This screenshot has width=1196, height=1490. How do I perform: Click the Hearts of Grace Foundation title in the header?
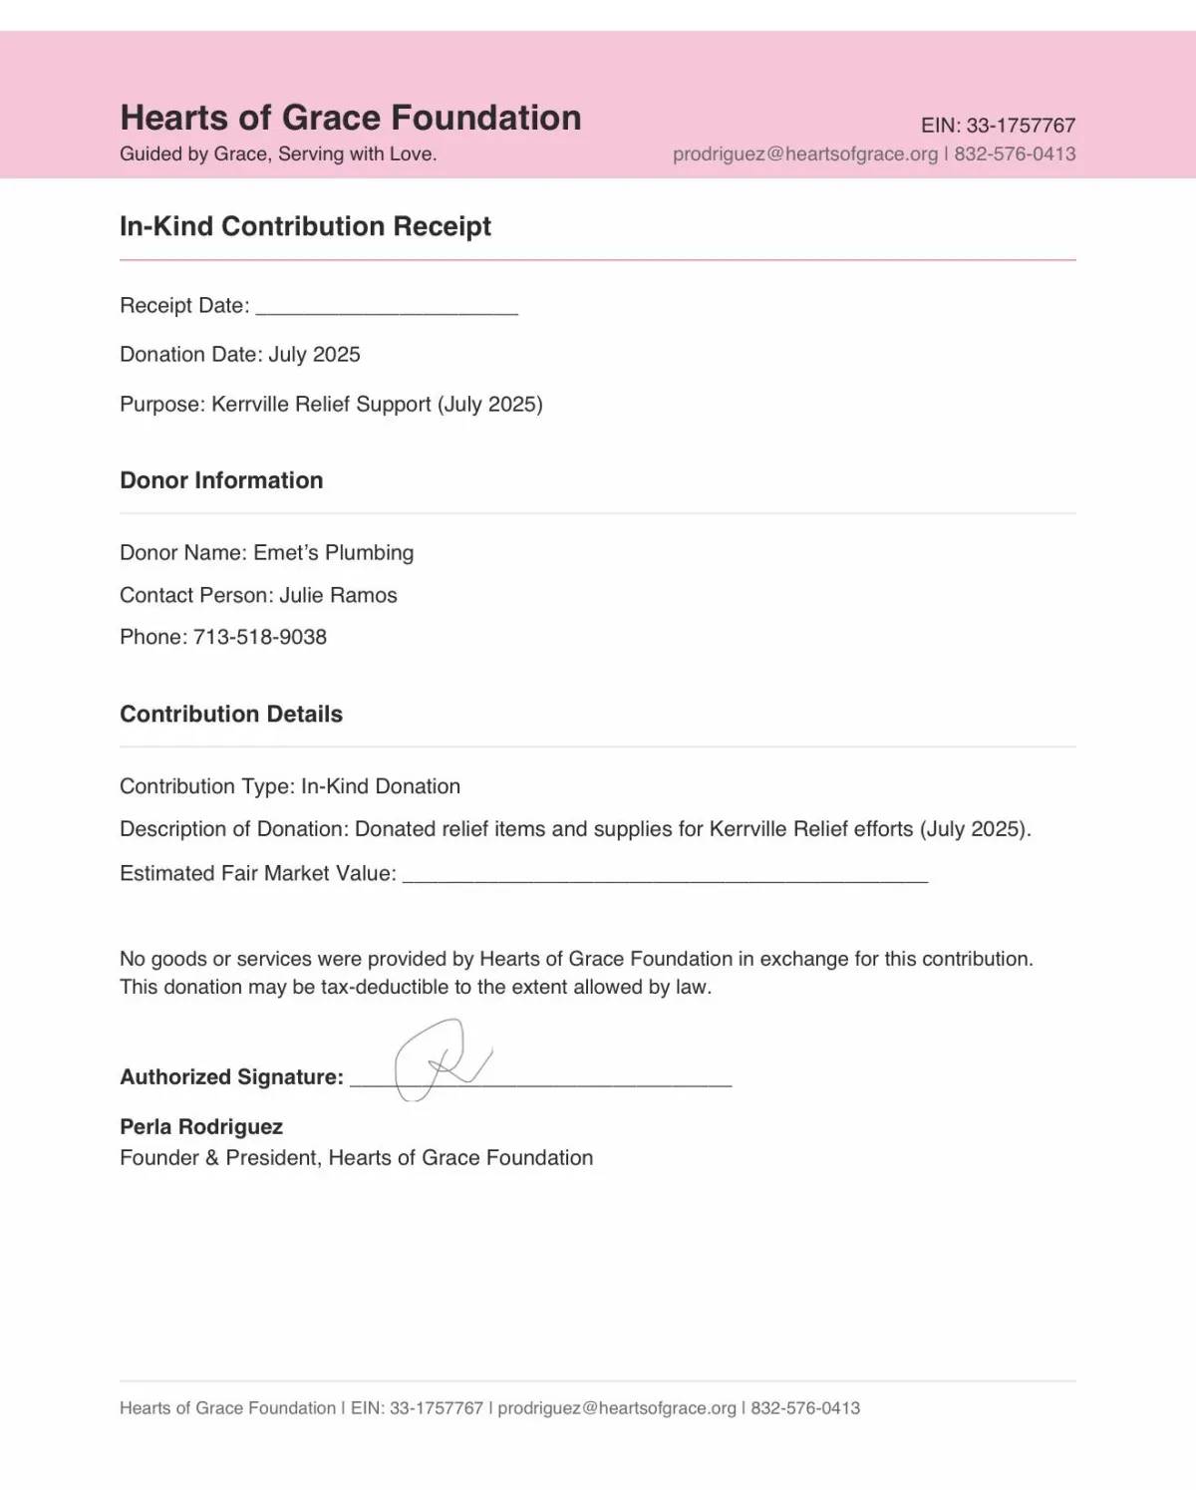pos(350,118)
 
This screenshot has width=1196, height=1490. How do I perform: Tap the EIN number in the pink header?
pos(1021,126)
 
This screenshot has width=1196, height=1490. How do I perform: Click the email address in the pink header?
pos(805,154)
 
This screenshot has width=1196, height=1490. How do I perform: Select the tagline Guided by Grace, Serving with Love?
pos(278,154)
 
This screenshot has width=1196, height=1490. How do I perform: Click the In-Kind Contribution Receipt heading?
pos(305,226)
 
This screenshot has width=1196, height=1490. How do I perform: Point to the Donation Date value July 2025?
pos(314,355)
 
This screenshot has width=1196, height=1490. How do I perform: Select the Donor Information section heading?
pos(221,480)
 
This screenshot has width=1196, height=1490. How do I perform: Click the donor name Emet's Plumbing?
pos(333,553)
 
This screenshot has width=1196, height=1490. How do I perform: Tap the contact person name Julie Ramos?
pos(338,596)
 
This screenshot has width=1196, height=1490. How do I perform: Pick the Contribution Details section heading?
pos(231,714)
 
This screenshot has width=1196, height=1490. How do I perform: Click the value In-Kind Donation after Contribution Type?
pos(380,786)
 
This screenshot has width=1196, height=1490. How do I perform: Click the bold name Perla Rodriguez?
pos(201,1127)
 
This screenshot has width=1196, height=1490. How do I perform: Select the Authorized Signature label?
pos(231,1077)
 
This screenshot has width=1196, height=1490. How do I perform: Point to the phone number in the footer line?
pos(805,1408)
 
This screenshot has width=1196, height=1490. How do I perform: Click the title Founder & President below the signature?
pos(218,1158)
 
